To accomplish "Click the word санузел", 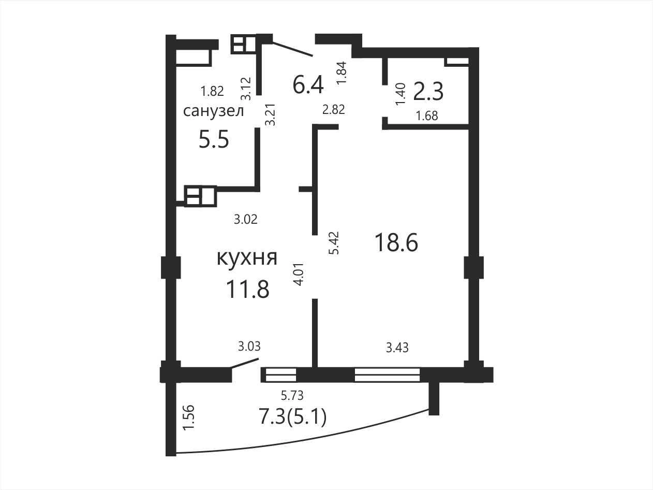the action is coord(214,111).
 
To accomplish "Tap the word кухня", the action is coord(247,257).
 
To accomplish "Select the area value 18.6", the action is coord(396,242).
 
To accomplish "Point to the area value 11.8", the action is coord(247,290).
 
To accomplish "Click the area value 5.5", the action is coord(214,140).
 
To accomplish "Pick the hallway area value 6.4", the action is coord(308,84).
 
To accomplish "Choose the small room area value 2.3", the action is coord(428,91).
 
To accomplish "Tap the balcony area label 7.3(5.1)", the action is coord(293,417).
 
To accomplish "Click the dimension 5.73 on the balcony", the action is coord(292,395).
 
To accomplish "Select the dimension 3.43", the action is coord(397,348).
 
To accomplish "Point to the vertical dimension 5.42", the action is coord(334,242).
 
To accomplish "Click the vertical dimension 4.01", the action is coord(299,274).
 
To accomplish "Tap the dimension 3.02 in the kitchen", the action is coord(245,220).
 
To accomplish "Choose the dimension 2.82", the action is coord(334,109).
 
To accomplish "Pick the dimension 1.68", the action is coord(427,116).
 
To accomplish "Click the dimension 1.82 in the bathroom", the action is coord(212,91).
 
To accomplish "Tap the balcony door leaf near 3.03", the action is coord(245,364).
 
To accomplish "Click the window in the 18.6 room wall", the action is coord(387,375).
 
